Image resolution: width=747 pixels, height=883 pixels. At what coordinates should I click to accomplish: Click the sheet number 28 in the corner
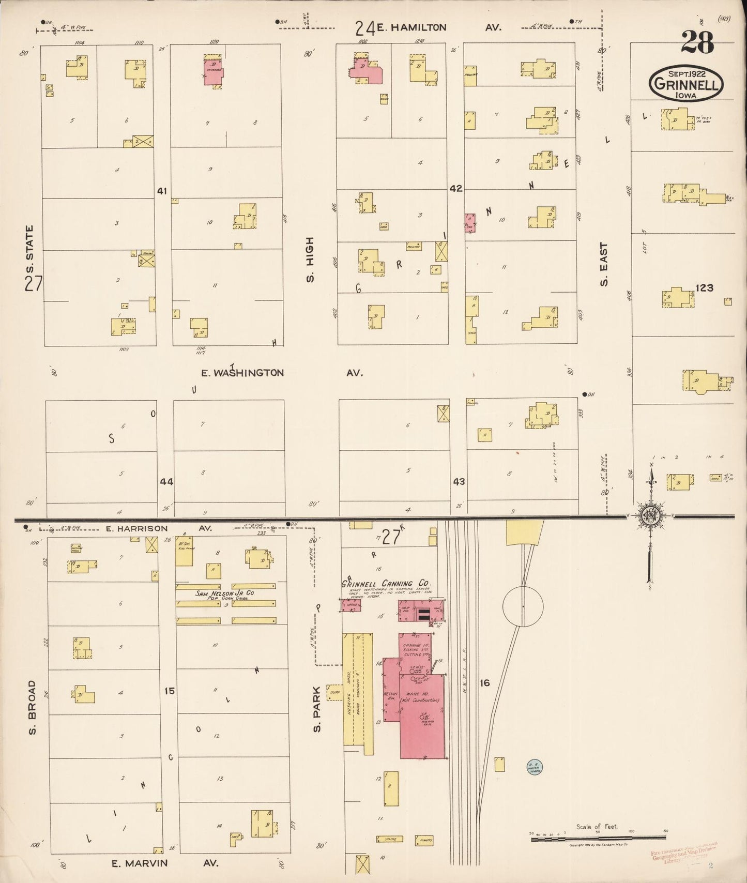tap(697, 42)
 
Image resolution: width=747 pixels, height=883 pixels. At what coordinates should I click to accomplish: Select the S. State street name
tap(29, 249)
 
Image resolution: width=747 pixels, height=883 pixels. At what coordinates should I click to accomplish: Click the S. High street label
tap(310, 260)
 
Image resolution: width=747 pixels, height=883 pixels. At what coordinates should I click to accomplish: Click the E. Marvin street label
tap(140, 863)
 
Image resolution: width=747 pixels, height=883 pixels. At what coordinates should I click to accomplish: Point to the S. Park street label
tap(317, 709)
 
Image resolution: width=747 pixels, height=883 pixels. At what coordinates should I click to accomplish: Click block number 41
tap(162, 191)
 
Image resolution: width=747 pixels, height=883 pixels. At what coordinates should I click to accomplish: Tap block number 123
tap(704, 287)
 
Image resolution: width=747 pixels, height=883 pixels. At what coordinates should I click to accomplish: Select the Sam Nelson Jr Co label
tap(225, 593)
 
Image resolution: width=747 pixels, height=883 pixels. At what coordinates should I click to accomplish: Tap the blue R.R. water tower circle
tap(533, 768)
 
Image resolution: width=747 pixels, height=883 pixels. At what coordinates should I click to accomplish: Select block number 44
tap(166, 481)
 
